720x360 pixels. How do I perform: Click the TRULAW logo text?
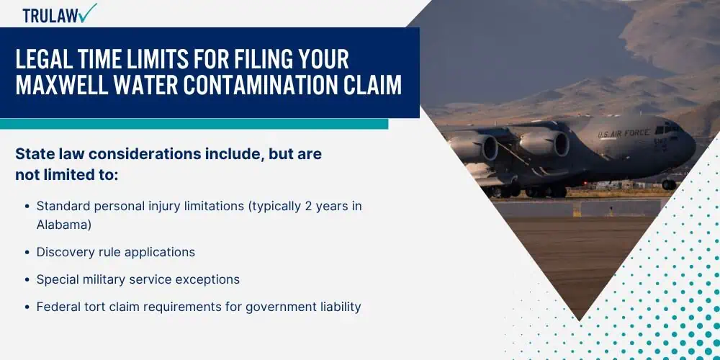click(50, 15)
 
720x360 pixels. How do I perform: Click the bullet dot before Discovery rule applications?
click(27, 253)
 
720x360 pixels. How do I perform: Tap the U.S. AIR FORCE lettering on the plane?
click(624, 133)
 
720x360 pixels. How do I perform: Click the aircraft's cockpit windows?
click(669, 130)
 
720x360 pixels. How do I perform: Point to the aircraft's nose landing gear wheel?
click(669, 184)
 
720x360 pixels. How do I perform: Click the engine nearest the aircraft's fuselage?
click(544, 143)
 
